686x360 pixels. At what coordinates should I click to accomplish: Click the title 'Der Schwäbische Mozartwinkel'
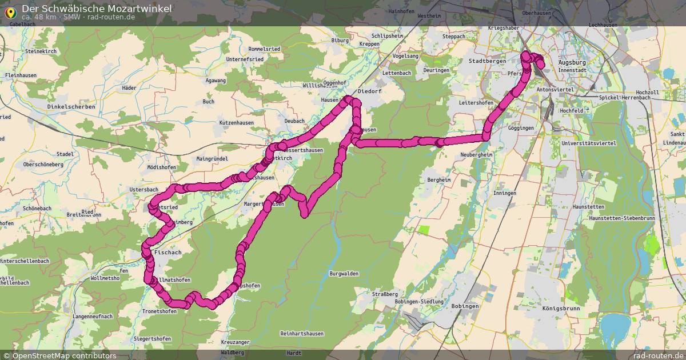tap(97, 9)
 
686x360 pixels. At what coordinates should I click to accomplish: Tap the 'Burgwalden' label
tap(344, 274)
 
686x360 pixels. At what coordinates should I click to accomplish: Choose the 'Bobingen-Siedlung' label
tap(423, 301)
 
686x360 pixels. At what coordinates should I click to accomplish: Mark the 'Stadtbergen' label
tap(484, 61)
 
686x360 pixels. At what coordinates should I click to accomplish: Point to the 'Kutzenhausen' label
tap(236, 123)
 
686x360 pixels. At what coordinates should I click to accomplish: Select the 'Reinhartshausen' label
tap(302, 333)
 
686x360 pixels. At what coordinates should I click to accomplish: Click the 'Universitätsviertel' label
tap(589, 143)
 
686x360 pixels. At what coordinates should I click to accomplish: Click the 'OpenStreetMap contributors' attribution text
tap(64, 355)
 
